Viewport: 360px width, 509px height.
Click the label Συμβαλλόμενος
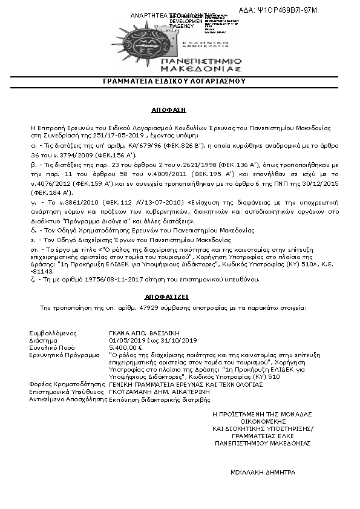point(51,333)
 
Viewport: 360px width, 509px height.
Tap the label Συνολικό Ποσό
point(50,349)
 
